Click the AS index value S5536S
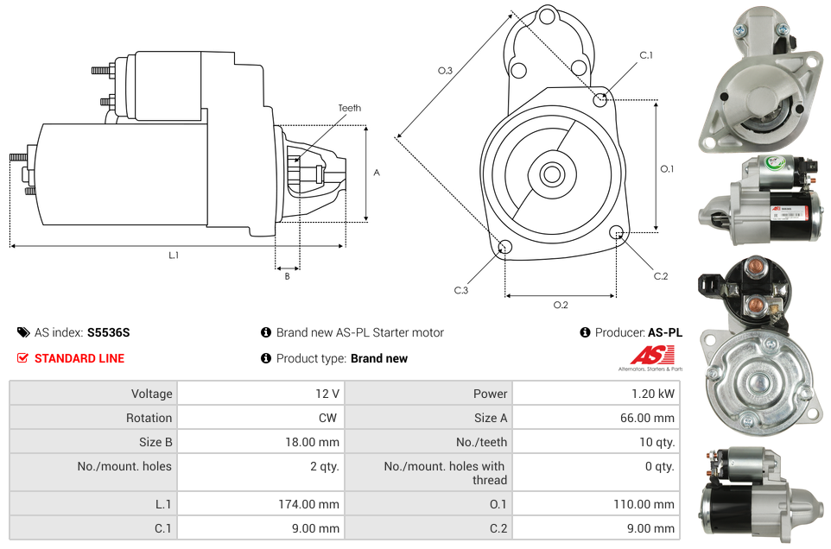click(108, 332)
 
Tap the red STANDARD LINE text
click(79, 358)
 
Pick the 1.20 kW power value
click(652, 394)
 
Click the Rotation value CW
click(327, 418)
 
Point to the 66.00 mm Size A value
click(647, 418)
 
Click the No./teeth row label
click(481, 442)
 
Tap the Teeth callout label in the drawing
click(350, 108)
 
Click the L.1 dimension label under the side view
click(174, 256)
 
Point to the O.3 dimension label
click(445, 71)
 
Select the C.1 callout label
click(646, 55)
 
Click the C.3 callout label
click(461, 290)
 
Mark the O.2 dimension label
click(561, 305)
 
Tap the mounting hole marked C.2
click(616, 232)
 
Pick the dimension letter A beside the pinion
click(377, 173)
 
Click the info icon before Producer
click(585, 332)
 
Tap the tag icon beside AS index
click(23, 332)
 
